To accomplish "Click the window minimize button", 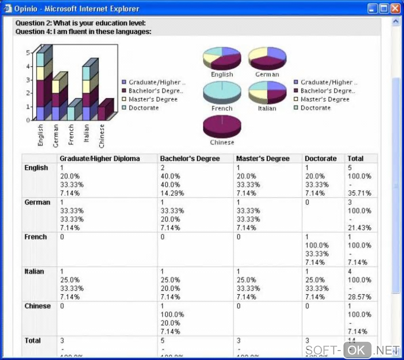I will [x=372, y=8].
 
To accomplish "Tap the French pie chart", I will [x=222, y=91].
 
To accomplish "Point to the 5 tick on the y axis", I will [x=28, y=53].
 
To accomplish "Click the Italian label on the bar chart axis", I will [x=86, y=133].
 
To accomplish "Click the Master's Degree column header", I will [x=263, y=158].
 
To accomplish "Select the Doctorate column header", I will [x=320, y=158].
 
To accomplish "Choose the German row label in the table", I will [x=37, y=202].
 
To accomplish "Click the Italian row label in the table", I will [x=34, y=272].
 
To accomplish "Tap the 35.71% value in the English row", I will [x=360, y=193].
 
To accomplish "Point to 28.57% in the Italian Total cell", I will [x=360, y=297].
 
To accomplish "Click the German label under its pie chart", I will [x=267, y=74].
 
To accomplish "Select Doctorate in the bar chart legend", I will [x=143, y=108].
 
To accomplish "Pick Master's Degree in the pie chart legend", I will [x=325, y=99].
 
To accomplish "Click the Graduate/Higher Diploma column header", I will [x=100, y=158].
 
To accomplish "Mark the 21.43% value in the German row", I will [x=360, y=228].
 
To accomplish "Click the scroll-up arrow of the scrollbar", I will [x=395, y=22].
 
